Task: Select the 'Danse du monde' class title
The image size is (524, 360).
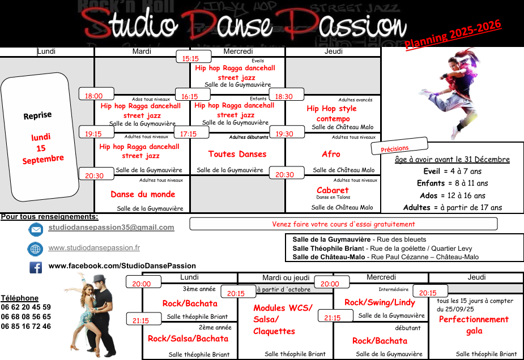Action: [x=143, y=194]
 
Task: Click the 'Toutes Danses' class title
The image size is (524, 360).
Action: [x=237, y=154]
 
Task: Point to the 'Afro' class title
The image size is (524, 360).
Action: [x=331, y=154]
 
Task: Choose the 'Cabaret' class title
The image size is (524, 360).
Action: [x=333, y=190]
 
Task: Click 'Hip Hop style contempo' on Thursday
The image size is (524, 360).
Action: [x=332, y=113]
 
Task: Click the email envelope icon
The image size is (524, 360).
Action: [x=36, y=229]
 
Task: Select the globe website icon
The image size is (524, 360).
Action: [x=35, y=248]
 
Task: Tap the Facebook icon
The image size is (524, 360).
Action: [x=36, y=267]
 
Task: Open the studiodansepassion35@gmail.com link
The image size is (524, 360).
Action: [x=111, y=228]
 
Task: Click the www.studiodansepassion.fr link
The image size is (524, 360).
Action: [x=94, y=248]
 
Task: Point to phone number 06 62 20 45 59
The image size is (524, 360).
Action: [x=26, y=307]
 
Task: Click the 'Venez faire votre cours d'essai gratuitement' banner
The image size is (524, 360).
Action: [x=343, y=224]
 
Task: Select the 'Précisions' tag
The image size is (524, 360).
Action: [x=399, y=147]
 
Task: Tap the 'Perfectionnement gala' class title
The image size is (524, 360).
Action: [x=474, y=325]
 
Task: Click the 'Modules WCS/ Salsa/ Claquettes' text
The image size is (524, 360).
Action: [x=283, y=319]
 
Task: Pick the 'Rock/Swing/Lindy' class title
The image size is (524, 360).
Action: [x=380, y=302]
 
